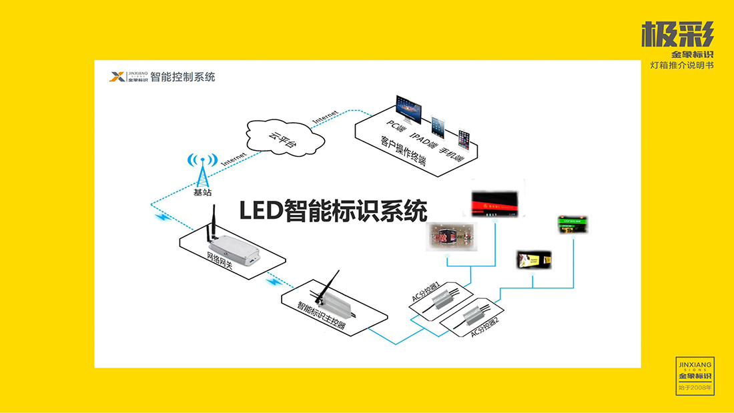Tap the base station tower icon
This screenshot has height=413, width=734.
[202, 171]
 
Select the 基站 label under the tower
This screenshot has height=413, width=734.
[203, 193]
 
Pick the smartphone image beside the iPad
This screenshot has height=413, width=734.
[464, 138]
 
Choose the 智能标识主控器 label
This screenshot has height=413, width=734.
[321, 316]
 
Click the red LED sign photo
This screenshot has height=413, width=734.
[494, 200]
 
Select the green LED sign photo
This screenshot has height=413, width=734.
[573, 224]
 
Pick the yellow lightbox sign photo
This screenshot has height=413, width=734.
[534, 260]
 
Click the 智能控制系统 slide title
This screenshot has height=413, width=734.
[183, 77]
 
